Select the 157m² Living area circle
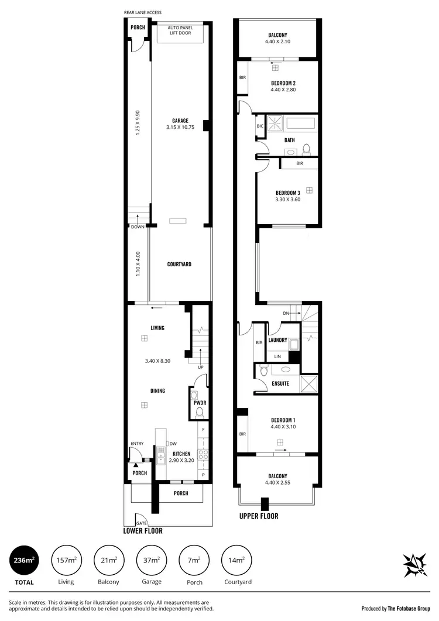click(67, 561)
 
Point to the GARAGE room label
click(180, 121)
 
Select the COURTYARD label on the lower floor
click(179, 264)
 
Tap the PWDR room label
click(198, 402)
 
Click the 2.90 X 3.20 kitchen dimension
click(181, 461)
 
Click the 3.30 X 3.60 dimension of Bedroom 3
click(287, 200)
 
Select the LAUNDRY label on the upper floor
click(277, 340)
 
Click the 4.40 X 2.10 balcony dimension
click(278, 42)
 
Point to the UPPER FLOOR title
click(259, 516)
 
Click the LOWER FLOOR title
click(143, 531)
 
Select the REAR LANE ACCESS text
click(143, 12)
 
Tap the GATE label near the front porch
click(141, 523)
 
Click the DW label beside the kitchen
click(173, 443)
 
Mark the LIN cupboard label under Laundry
click(277, 356)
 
